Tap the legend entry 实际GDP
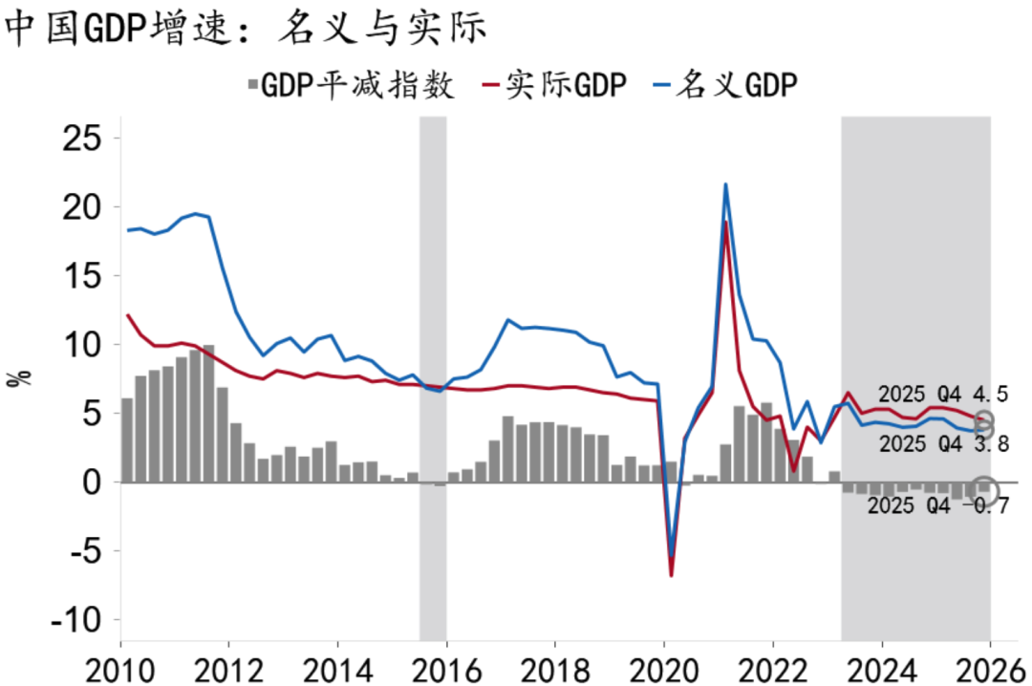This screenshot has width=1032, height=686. [564, 86]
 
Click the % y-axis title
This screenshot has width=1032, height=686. [18, 377]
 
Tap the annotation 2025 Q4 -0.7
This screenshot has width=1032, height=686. [938, 506]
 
